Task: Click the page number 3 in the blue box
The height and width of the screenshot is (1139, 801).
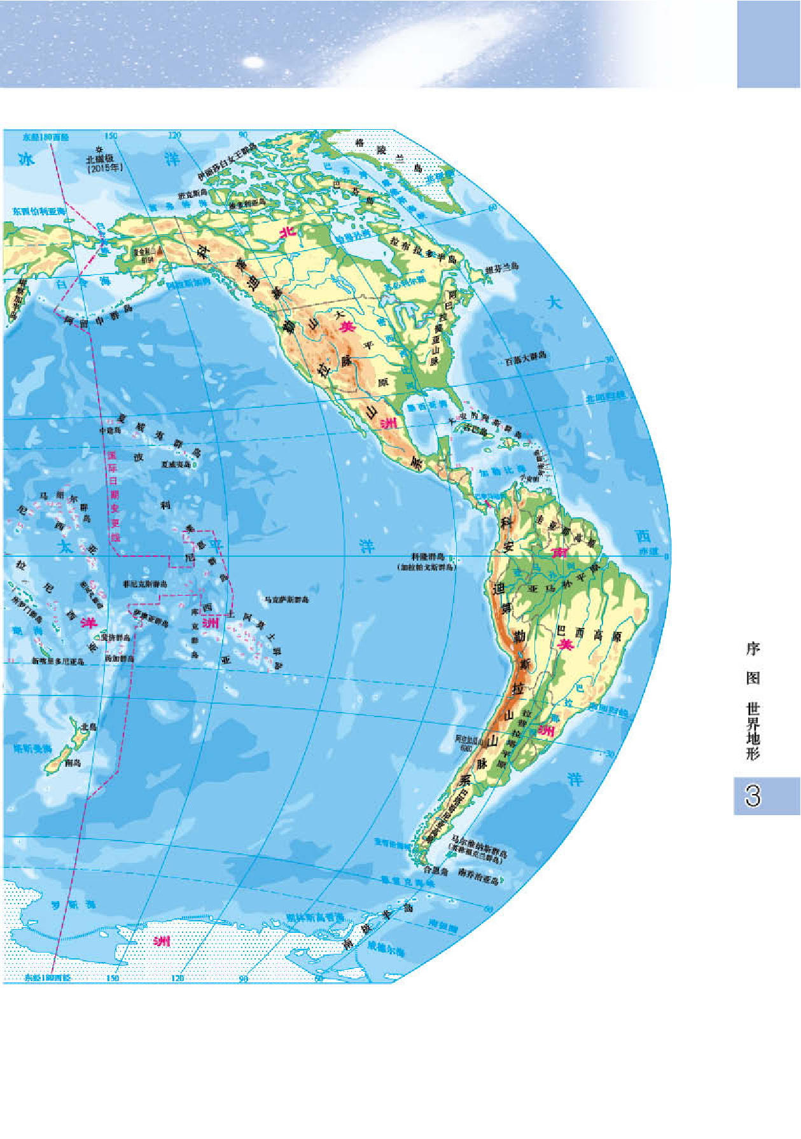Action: pos(753,795)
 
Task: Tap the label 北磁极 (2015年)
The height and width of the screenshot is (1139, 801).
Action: pos(104,162)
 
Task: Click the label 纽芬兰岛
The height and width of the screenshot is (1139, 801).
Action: pos(502,268)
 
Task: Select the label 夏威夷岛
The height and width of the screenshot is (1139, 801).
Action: pos(176,465)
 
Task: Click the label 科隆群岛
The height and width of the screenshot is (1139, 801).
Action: pos(427,557)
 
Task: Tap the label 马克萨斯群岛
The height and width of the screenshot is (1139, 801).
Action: pos(287,599)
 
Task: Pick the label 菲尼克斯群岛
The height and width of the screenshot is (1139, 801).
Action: pos(146,583)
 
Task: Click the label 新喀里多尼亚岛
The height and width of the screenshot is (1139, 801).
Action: pos(58,661)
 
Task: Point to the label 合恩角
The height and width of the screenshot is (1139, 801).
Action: pos(436,870)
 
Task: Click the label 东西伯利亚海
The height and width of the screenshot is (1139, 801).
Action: pos(39,211)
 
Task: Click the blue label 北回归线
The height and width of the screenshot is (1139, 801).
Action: pos(605,397)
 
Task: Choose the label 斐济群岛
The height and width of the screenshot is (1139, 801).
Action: pos(116,637)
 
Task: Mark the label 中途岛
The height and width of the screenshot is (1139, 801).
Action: pos(110,430)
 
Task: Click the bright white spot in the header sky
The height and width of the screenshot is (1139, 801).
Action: pos(253,62)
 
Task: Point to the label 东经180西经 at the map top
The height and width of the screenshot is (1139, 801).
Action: pos(46,137)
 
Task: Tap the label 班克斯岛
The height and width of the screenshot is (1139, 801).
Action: pos(193,193)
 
